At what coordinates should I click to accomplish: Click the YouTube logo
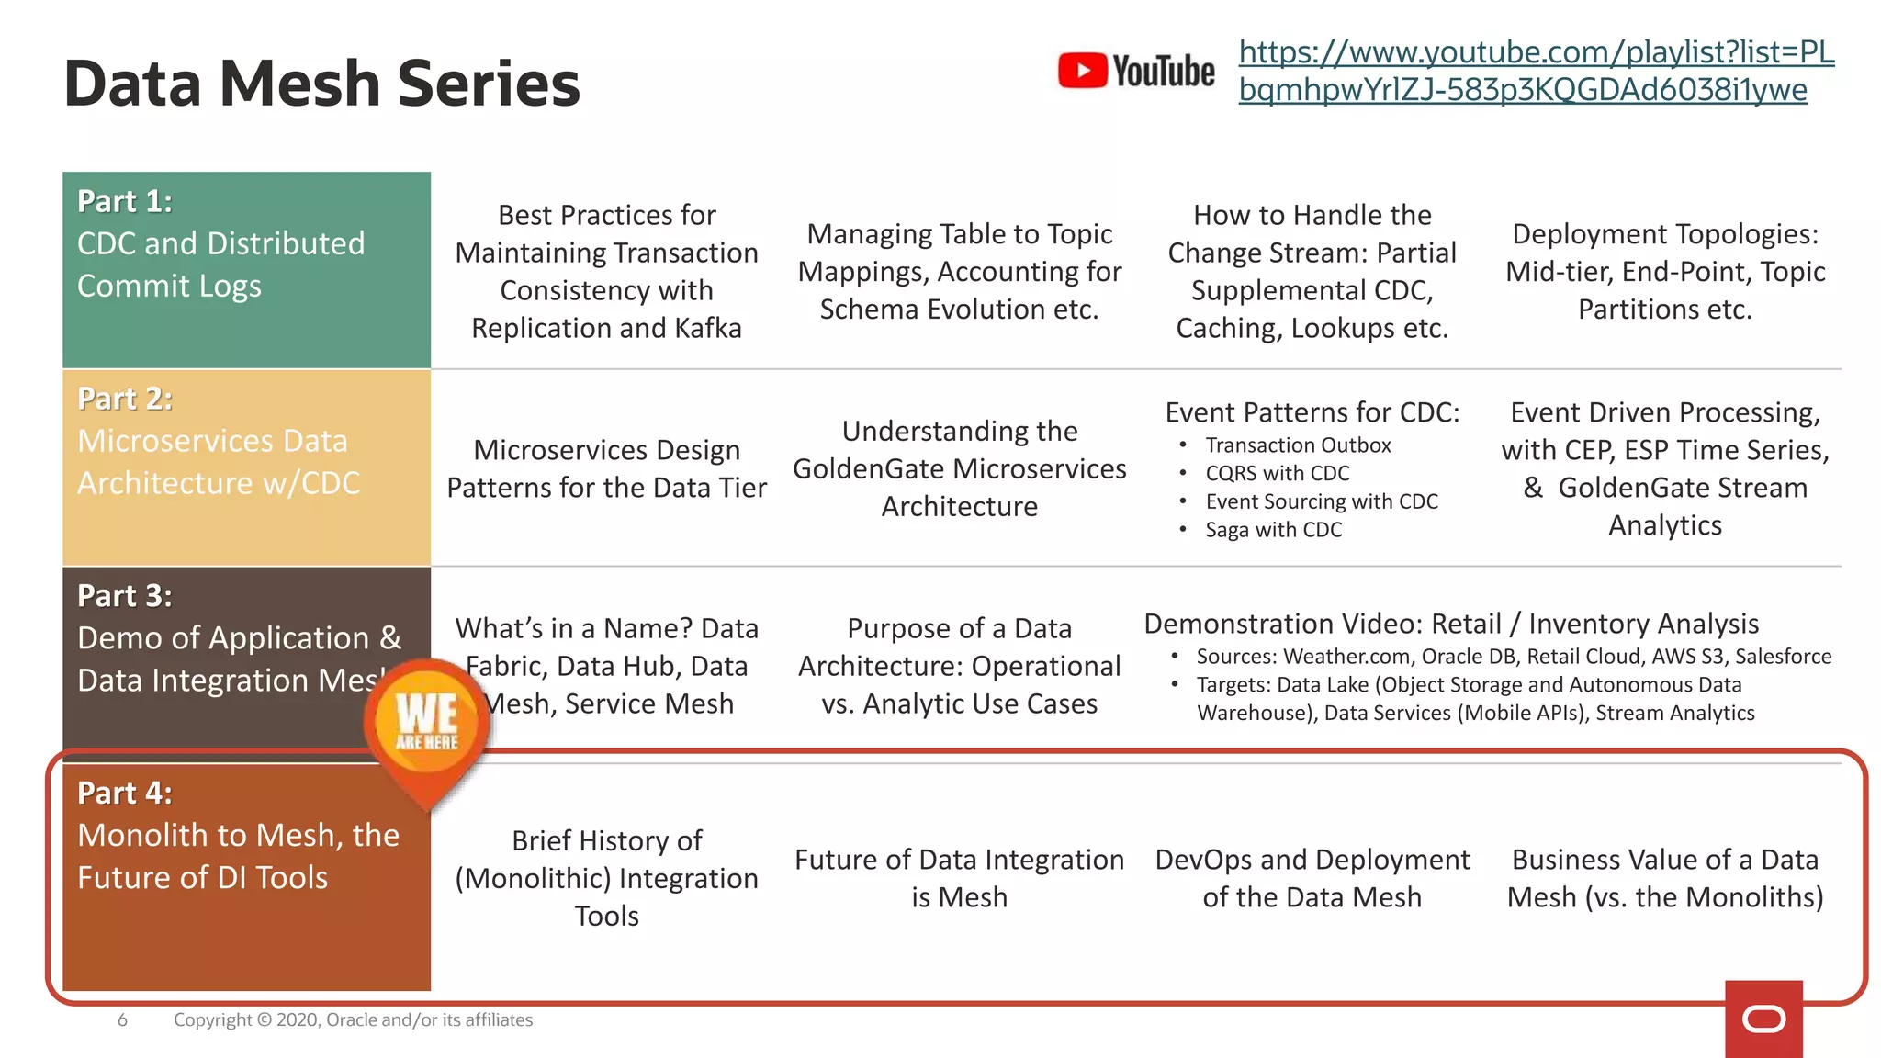[x=1135, y=71]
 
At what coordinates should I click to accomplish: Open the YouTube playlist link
[x=1536, y=71]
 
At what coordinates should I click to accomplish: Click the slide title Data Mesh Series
[x=321, y=84]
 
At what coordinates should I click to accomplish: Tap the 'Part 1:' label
[x=125, y=201]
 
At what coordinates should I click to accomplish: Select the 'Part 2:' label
[x=125, y=399]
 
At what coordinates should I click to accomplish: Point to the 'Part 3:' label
[x=125, y=596]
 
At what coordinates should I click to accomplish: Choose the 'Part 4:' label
[x=125, y=793]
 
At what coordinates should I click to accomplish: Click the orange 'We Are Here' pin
[x=427, y=726]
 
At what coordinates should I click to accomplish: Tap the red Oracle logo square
[x=1763, y=1019]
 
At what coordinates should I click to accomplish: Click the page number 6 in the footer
[x=122, y=1019]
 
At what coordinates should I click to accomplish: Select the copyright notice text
[x=353, y=1019]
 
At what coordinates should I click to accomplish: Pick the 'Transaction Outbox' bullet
[x=1298, y=445]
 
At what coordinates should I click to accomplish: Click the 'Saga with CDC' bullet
[x=1273, y=530]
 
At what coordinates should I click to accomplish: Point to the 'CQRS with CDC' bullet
[x=1278, y=474]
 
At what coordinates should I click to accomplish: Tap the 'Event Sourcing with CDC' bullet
[x=1322, y=501]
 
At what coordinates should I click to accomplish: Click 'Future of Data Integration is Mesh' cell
[x=959, y=878]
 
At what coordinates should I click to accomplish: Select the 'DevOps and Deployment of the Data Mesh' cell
[x=1312, y=878]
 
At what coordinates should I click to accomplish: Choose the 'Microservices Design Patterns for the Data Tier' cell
[x=606, y=468]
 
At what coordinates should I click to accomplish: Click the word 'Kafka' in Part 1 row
[x=706, y=328]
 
